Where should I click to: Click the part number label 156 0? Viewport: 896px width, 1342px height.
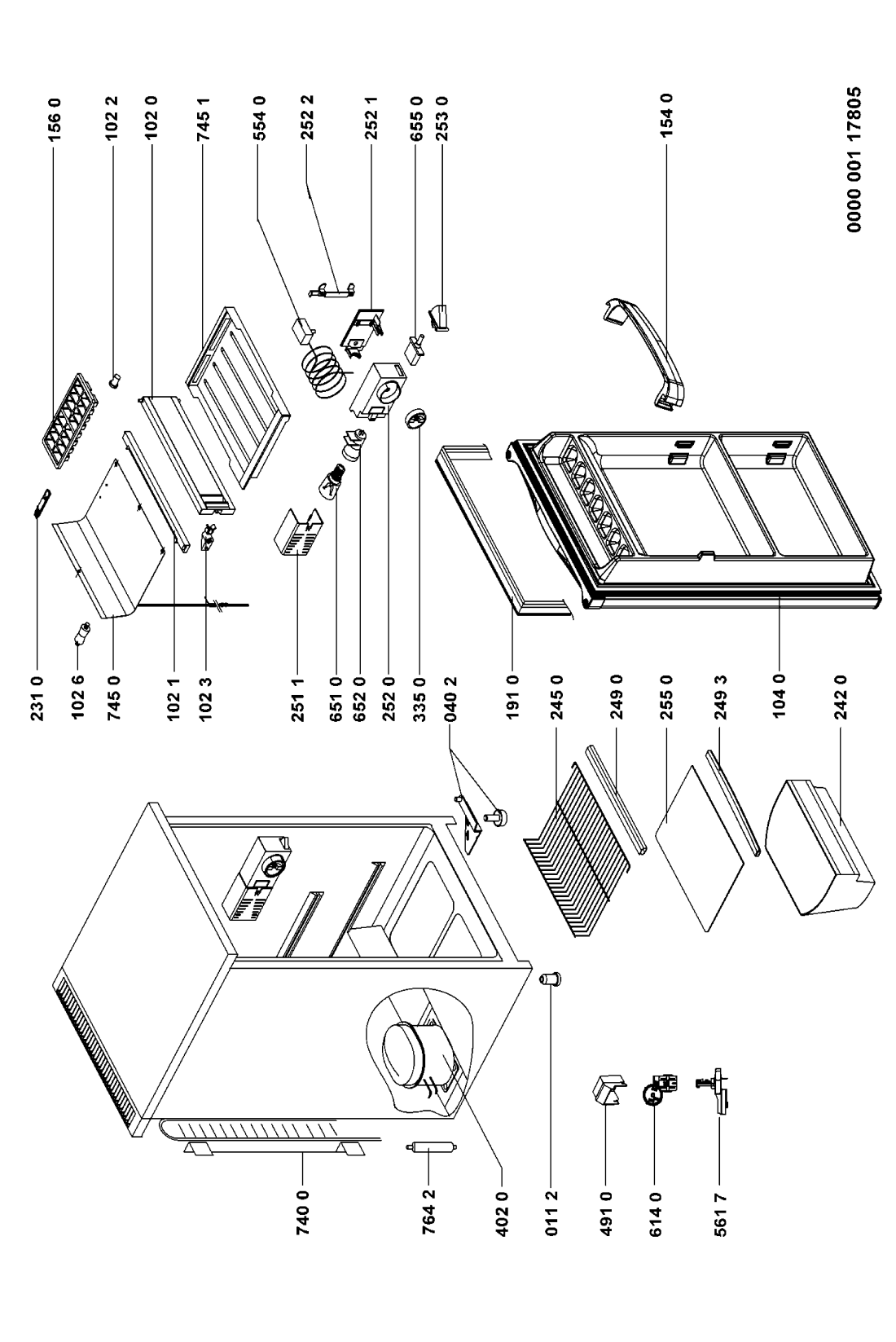(x=55, y=120)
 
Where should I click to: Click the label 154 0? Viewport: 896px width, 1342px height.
(x=666, y=115)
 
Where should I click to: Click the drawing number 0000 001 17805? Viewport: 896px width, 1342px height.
(x=854, y=160)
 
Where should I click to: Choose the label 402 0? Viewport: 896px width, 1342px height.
(x=503, y=1212)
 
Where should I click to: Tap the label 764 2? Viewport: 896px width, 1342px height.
(x=428, y=1212)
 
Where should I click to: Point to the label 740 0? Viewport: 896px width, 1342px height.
(x=303, y=1212)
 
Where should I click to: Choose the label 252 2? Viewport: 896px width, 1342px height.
(x=307, y=117)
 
